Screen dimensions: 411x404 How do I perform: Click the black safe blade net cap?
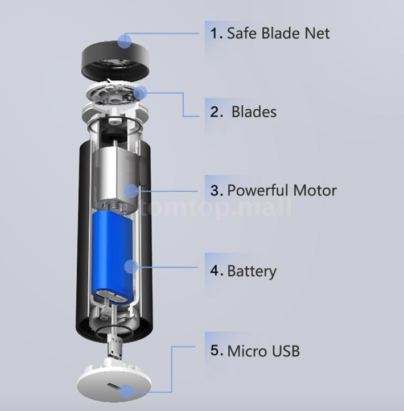pyautogui.click(x=117, y=60)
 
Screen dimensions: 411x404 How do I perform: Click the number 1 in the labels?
pyautogui.click(x=215, y=32)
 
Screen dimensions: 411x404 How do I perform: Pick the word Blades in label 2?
pyautogui.click(x=254, y=112)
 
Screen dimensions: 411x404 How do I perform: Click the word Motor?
pyautogui.click(x=315, y=190)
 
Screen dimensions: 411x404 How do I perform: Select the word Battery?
pyautogui.click(x=252, y=270)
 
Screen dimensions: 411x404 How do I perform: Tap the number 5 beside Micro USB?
pyautogui.click(x=215, y=350)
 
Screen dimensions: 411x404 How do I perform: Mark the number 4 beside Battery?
pyautogui.click(x=215, y=270)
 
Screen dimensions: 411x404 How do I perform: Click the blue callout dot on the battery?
pyautogui.click(x=131, y=266)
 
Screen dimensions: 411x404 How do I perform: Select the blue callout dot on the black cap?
pyautogui.click(x=125, y=40)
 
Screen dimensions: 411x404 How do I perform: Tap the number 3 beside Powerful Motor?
pyautogui.click(x=215, y=190)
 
